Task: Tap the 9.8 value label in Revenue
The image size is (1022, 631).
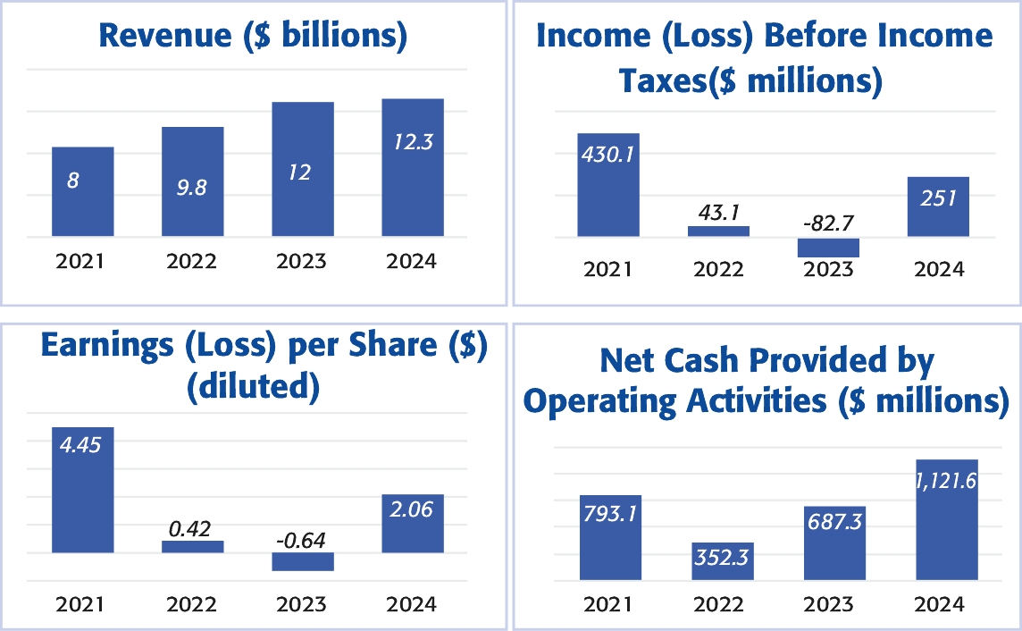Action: click(192, 188)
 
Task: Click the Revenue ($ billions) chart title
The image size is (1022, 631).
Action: click(253, 36)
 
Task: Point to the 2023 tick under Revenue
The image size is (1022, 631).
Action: click(302, 262)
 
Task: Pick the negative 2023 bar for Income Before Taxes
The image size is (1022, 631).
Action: click(828, 248)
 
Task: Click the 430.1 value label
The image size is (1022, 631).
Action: click(607, 155)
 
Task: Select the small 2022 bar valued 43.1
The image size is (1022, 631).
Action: click(718, 231)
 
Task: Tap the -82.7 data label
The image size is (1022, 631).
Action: click(828, 223)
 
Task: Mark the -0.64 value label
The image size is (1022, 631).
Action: click(300, 540)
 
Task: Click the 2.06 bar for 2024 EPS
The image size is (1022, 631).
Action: click(413, 523)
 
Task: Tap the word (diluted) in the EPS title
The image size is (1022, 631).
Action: click(252, 386)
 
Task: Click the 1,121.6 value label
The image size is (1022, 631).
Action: click(946, 481)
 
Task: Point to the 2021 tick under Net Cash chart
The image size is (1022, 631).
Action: click(608, 605)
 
